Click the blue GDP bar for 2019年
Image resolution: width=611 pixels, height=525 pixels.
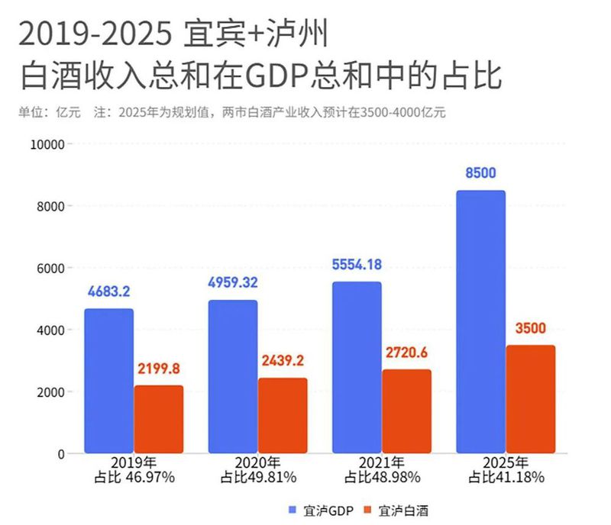pyautogui.click(x=108, y=382)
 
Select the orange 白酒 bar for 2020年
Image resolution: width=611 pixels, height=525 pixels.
pyautogui.click(x=283, y=416)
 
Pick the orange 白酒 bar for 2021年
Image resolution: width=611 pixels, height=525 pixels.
pyautogui.click(x=406, y=412)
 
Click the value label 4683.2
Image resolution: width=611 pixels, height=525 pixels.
pyautogui.click(x=109, y=291)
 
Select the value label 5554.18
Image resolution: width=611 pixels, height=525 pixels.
pyautogui.click(x=357, y=265)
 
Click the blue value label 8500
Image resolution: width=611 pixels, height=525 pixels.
pyautogui.click(x=480, y=173)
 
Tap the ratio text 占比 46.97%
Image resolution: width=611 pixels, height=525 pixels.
pyautogui.click(x=134, y=478)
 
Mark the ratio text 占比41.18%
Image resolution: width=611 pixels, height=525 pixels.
pyautogui.click(x=506, y=478)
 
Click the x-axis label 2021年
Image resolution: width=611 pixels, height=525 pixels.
pyautogui.click(x=382, y=463)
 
